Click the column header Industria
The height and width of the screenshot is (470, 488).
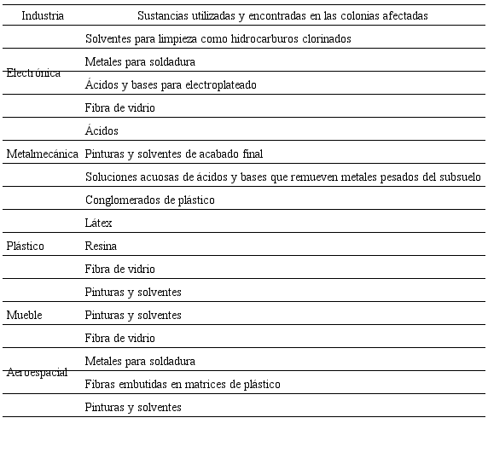[43, 16]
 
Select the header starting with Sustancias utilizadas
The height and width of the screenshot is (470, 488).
[282, 16]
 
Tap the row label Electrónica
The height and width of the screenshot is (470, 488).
[33, 73]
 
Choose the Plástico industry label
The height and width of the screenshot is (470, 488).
[26, 247]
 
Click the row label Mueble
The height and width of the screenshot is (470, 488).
[24, 316]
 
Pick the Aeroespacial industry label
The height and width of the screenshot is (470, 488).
[37, 374]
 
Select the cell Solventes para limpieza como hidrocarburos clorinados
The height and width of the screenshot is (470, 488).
[218, 39]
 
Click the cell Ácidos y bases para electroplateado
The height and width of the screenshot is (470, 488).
[171, 85]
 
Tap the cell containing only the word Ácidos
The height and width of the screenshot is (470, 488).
[102, 131]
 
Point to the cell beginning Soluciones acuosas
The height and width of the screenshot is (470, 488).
[282, 177]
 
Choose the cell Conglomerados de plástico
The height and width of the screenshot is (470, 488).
[150, 200]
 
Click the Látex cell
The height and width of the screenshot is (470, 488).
[99, 223]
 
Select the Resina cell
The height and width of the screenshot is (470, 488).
[101, 247]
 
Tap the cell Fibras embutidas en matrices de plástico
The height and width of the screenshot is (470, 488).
[183, 385]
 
